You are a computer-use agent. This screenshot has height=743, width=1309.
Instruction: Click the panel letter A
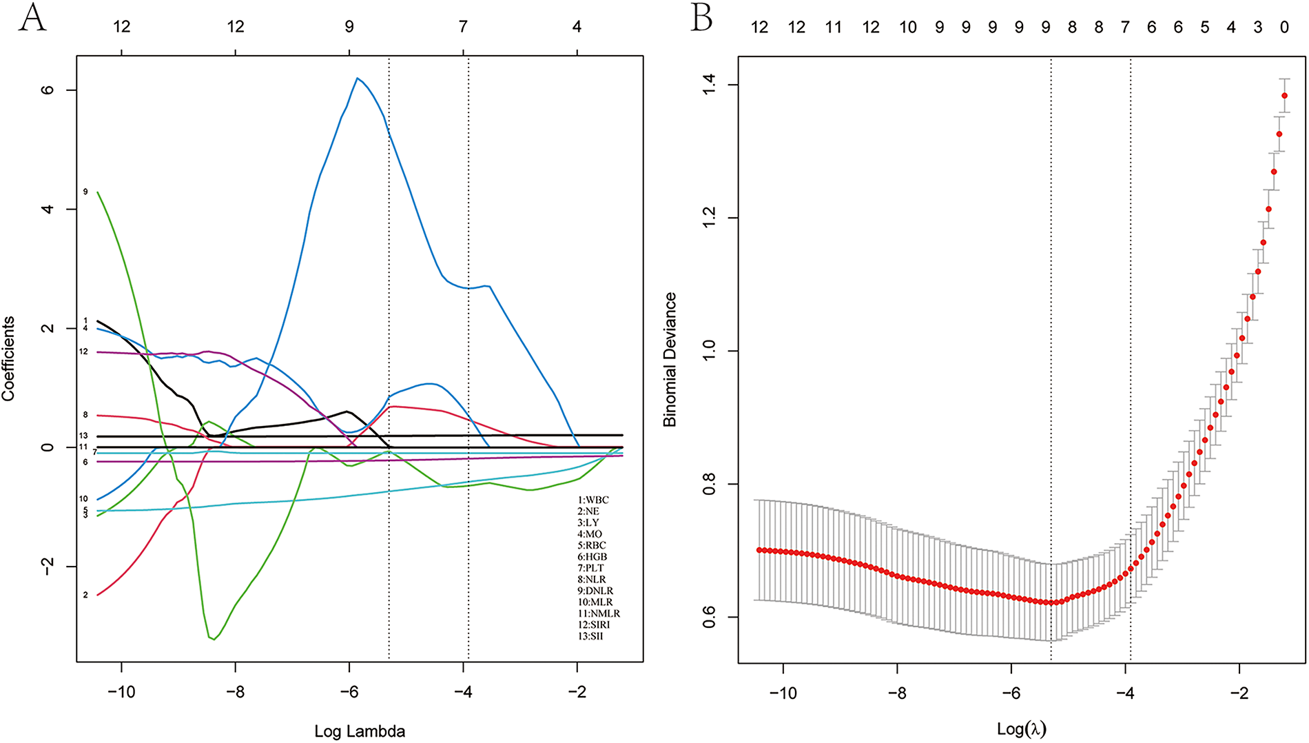(x=32, y=18)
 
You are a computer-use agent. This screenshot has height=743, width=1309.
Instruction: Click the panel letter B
(x=701, y=18)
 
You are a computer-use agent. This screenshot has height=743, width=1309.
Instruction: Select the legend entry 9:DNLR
(x=595, y=591)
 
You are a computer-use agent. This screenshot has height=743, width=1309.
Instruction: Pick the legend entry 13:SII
(x=590, y=636)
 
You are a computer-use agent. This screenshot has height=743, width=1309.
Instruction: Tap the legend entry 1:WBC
(x=593, y=500)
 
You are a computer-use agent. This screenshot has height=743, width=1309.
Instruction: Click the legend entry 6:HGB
(x=592, y=556)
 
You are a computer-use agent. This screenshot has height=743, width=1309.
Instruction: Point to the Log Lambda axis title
(x=360, y=731)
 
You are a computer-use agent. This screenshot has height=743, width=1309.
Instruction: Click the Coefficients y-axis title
(x=8, y=358)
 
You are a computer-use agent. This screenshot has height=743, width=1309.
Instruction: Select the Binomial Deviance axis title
(x=670, y=359)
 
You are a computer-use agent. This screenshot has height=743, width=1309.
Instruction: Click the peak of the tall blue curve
(x=357, y=79)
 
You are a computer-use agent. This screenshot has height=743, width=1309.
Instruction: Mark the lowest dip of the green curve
(x=214, y=639)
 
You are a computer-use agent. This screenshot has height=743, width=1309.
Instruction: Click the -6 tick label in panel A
(x=349, y=692)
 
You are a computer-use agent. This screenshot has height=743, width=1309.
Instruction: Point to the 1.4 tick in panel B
(x=710, y=85)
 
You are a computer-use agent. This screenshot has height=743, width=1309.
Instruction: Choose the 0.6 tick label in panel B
(x=710, y=617)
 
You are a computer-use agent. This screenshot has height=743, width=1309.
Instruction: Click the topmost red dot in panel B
(x=1284, y=96)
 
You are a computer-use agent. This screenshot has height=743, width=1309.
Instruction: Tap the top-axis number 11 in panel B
(x=834, y=27)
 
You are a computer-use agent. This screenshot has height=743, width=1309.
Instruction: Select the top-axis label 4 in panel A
(x=577, y=26)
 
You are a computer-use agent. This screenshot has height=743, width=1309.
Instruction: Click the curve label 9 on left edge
(x=85, y=192)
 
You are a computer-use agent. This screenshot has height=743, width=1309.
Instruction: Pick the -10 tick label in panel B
(x=783, y=692)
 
